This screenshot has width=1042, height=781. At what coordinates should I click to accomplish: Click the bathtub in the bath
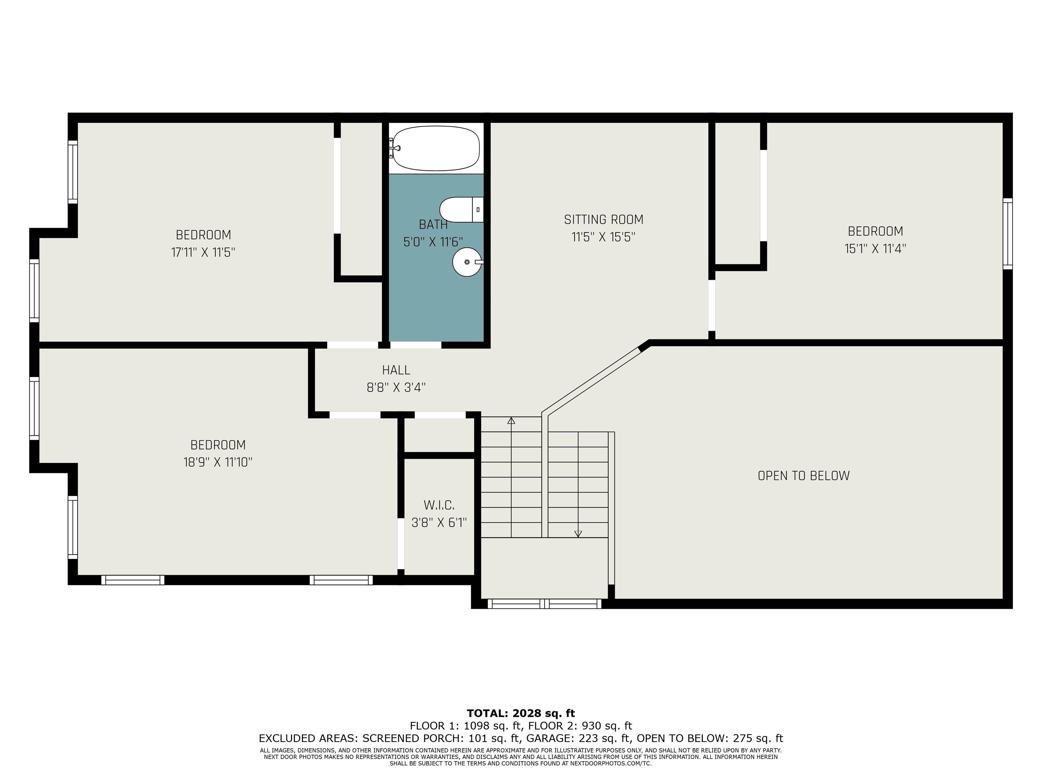point(436,148)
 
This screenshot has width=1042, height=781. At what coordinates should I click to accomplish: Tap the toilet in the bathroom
point(462,209)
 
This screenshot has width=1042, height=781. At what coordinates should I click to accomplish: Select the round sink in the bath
point(468,262)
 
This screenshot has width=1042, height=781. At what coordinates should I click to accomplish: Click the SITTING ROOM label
point(603,219)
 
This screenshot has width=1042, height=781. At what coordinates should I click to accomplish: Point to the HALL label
point(396,370)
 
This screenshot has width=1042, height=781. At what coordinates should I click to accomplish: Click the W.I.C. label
point(439,505)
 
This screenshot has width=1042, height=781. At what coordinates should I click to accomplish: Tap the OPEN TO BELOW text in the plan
point(804,476)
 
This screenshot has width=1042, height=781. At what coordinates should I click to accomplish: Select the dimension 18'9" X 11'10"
point(218,462)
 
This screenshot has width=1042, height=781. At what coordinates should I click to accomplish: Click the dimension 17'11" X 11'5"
point(203,252)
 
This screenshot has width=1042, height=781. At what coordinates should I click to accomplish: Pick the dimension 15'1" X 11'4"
point(875,248)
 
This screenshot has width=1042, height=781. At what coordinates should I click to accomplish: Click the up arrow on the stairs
point(511,420)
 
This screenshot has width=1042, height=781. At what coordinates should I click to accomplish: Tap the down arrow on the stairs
point(578,534)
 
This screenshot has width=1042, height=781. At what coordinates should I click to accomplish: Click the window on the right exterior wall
point(1008,234)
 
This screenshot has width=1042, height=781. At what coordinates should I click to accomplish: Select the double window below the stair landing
point(544,603)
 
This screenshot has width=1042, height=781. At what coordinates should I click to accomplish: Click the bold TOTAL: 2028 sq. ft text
point(521,713)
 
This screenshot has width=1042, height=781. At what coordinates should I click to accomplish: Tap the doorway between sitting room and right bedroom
point(712,305)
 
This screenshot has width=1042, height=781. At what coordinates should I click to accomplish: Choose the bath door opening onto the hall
point(416,345)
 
